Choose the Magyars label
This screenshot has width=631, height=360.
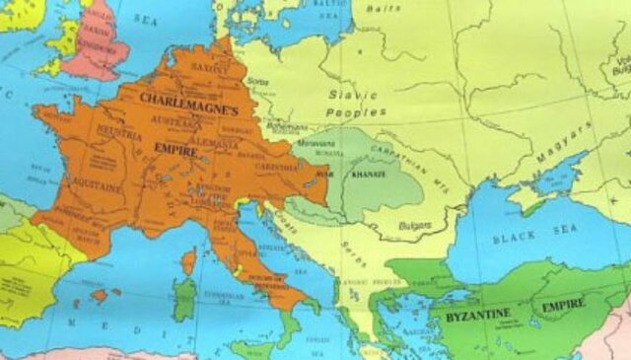coord(562,145)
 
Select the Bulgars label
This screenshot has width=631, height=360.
coord(414,226)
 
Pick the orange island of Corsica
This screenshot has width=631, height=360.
coord(187,260)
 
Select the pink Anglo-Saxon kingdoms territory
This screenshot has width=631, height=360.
coord(99,44)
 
